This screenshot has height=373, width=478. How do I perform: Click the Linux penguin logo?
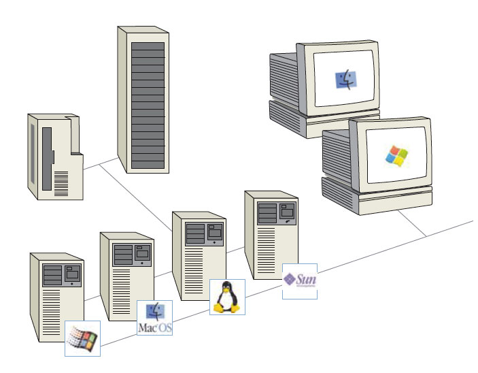click(x=227, y=297)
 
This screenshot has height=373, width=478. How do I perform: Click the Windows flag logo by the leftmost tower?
click(x=82, y=338)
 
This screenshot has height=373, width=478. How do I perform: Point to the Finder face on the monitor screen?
click(x=346, y=80)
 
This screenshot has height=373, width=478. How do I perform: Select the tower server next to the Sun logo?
click(x=270, y=235)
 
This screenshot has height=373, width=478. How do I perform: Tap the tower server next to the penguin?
click(x=198, y=255)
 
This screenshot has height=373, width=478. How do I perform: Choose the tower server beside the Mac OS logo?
click(x=126, y=276)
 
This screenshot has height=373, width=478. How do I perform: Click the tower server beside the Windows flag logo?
click(x=56, y=296)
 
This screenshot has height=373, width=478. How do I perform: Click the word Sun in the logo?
click(x=307, y=278)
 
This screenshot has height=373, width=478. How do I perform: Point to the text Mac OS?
click(x=155, y=328)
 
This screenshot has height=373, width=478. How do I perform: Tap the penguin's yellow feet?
click(x=227, y=308)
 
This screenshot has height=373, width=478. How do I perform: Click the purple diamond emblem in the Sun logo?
click(x=290, y=279)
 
